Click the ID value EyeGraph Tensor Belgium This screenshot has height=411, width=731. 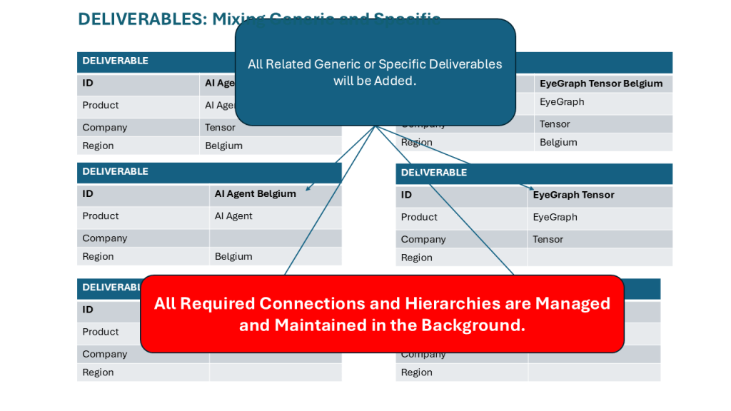tap(601, 83)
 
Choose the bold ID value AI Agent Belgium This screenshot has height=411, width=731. tap(255, 193)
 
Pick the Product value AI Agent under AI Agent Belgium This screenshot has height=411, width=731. tap(233, 216)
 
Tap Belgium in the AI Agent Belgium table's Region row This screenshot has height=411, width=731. tap(233, 257)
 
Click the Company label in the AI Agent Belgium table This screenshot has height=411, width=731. tap(104, 238)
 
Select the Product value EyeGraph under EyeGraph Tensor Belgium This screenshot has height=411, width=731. tap(562, 102)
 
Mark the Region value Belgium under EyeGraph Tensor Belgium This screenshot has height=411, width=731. tap(558, 143)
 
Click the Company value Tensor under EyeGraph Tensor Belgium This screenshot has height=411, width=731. tap(555, 124)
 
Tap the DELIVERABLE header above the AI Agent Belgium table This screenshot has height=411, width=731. tap(115, 171)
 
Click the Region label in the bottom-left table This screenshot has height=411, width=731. tap(98, 372)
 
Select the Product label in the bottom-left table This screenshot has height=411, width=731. tap(100, 332)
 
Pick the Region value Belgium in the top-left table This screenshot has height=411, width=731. tap(223, 146)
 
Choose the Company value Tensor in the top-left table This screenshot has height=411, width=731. tap(220, 128)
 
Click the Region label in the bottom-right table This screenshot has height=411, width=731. tap(417, 372)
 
